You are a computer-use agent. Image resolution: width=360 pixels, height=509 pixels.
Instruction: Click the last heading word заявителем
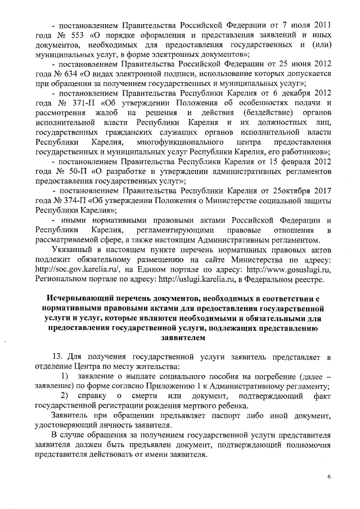180,338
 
